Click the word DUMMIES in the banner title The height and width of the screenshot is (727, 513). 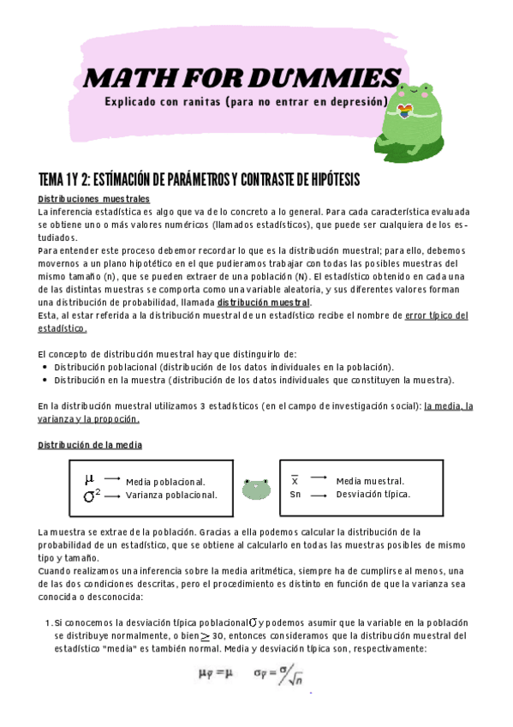tap(336, 77)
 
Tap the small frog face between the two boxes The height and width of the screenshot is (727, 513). tap(256, 489)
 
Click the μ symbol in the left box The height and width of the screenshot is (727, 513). tap(89, 478)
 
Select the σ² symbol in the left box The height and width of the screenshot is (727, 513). tap(92, 495)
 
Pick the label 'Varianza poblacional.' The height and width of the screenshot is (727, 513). tap(171, 495)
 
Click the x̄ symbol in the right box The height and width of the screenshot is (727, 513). tap(295, 480)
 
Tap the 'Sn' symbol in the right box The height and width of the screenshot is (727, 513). tap(295, 495)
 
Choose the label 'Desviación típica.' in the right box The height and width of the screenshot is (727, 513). tap(373, 495)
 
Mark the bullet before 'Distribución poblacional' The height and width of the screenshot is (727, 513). tap(45, 366)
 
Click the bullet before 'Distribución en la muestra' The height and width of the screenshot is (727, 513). tap(45, 380)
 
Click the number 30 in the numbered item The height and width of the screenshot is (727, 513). tap(220, 637)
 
